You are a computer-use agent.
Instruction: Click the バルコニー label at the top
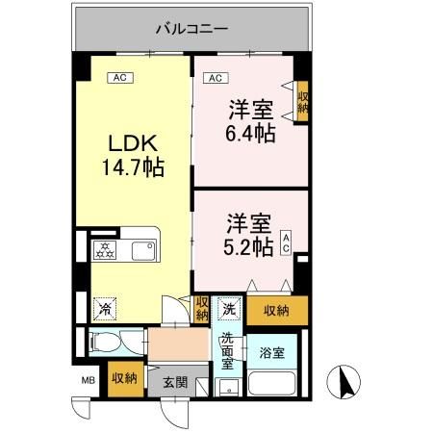(x=191, y=28)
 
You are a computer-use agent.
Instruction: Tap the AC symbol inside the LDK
(x=120, y=77)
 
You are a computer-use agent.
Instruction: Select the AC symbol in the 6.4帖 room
(x=216, y=77)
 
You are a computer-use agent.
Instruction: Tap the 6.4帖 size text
(x=249, y=133)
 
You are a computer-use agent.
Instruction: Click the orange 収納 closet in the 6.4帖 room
(x=302, y=101)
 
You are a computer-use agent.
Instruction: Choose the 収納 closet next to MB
(x=121, y=377)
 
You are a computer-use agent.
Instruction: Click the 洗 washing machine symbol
(x=229, y=310)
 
